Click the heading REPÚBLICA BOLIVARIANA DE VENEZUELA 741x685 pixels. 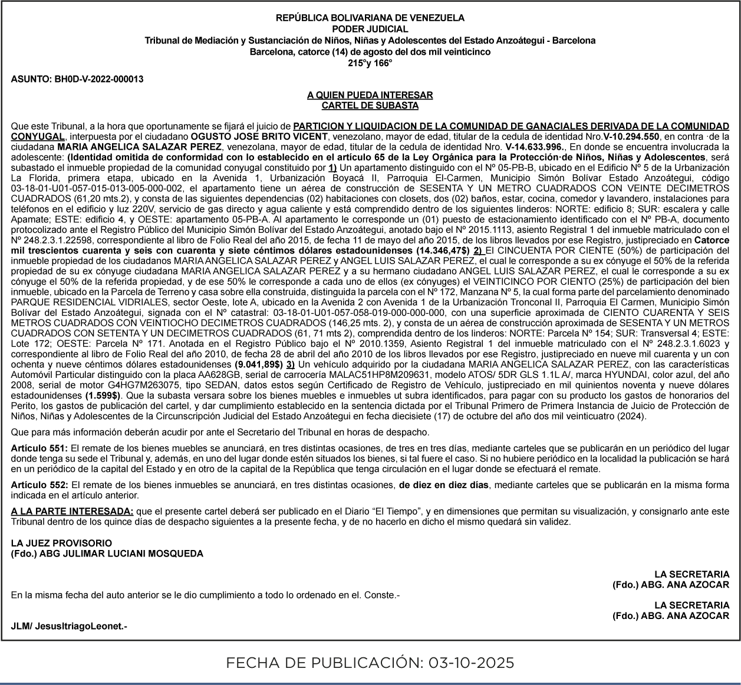[370, 18]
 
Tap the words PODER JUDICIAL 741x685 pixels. [370, 29]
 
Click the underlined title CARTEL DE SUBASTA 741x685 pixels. [370, 106]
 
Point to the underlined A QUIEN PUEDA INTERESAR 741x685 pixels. [370, 95]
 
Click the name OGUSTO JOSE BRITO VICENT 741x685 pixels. [259, 136]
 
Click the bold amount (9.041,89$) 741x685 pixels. [258, 364]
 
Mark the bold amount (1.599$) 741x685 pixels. [103, 396]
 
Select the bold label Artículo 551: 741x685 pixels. [39, 449]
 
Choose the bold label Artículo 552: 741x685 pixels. [39, 485]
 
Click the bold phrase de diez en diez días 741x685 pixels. [443, 485]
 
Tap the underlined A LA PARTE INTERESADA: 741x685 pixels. [72, 511]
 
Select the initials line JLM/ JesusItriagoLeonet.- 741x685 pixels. [69, 626]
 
